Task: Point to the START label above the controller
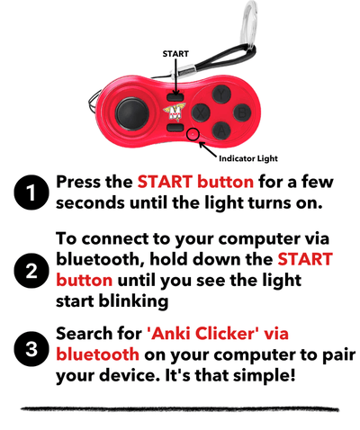point(175,54)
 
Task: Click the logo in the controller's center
point(175,112)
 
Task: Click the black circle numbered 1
point(31,192)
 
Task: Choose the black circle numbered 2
point(31,273)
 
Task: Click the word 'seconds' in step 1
point(91,202)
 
